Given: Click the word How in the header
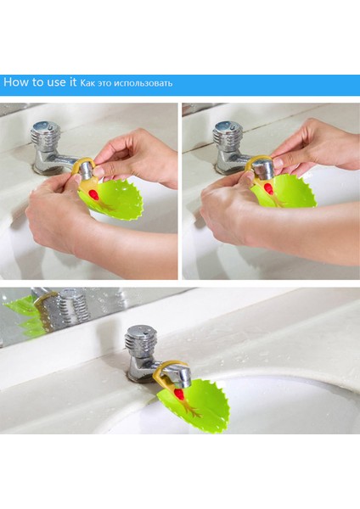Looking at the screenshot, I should point(16,82).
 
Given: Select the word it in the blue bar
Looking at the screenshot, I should point(71,82).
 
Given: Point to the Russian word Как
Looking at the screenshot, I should point(88,83).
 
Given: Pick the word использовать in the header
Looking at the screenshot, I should point(147,83).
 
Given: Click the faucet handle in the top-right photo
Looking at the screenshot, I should point(228,132).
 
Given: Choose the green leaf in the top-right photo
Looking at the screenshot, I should point(289,192).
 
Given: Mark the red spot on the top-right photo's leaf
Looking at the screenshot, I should point(268,187).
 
